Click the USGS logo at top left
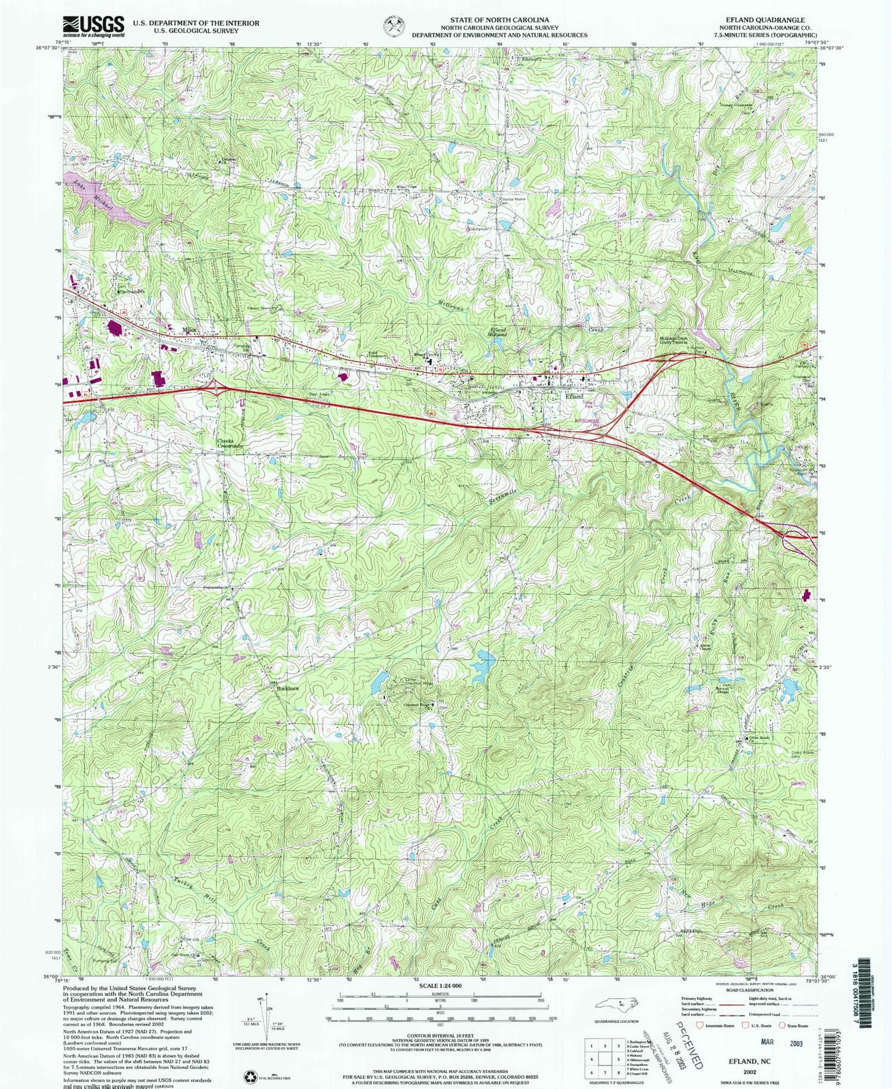pos(93,26)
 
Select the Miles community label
pos(189,330)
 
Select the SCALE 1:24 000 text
pos(439,985)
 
